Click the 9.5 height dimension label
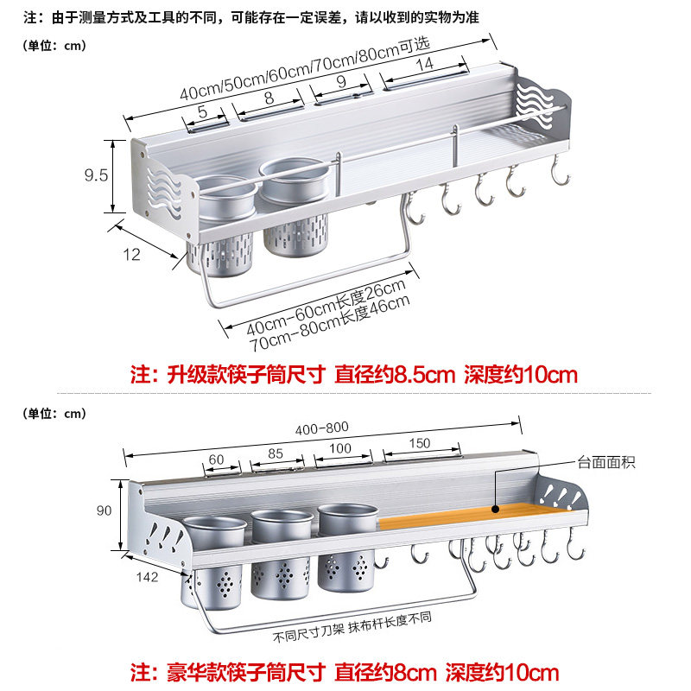96,175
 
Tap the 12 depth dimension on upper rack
131,254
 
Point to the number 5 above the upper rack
202,111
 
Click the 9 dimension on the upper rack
340,83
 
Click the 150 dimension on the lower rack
418,444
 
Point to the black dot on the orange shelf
495,510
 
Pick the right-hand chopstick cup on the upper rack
294,207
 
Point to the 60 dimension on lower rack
216,459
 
